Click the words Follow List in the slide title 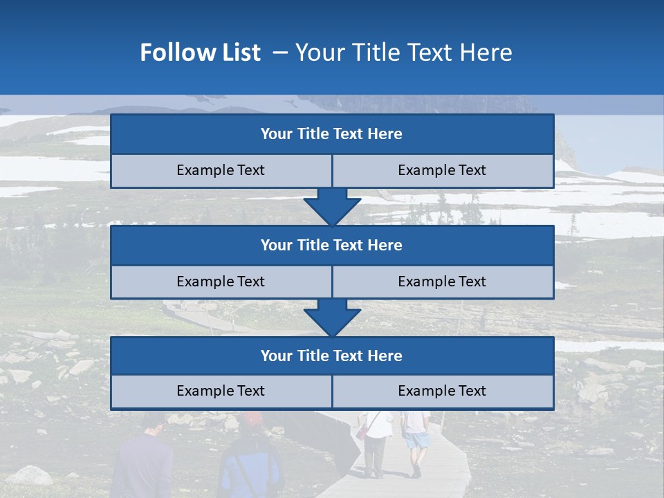[x=200, y=53]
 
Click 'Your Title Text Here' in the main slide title [x=404, y=53]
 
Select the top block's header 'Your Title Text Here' [x=331, y=134]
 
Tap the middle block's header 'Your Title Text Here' [x=331, y=245]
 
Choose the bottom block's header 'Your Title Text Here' [x=331, y=356]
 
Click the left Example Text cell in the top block [x=221, y=170]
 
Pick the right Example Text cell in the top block [x=442, y=170]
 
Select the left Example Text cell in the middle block [x=221, y=282]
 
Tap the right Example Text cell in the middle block [x=442, y=282]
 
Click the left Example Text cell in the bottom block [x=221, y=391]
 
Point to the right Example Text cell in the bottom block [x=442, y=391]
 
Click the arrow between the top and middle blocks [x=332, y=207]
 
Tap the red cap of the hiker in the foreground [x=252, y=417]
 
